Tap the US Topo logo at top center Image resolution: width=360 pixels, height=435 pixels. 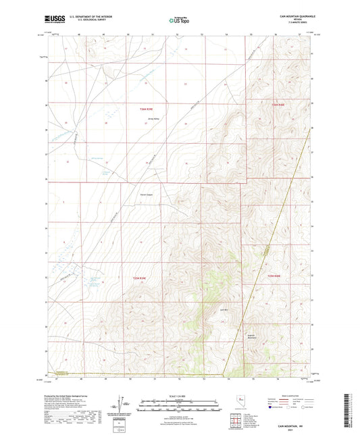179,20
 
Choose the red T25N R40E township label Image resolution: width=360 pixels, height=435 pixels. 274,276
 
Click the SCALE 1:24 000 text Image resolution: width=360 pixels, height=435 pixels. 180,395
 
